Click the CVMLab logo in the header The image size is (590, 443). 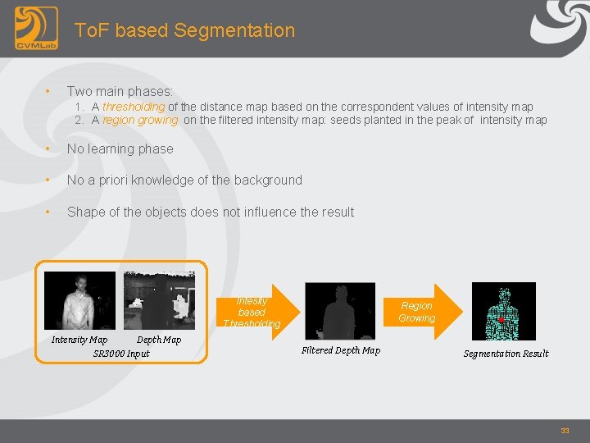click(36, 29)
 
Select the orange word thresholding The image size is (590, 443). click(134, 107)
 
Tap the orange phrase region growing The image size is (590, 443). click(140, 120)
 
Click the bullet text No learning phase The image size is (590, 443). click(120, 148)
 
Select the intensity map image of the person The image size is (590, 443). click(79, 300)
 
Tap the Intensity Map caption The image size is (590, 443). click(79, 340)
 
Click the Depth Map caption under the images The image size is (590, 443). click(159, 340)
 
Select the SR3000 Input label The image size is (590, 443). click(121, 354)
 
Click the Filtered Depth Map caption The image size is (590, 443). click(341, 350)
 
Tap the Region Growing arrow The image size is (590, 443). click(419, 312)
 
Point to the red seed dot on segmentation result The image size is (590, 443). click(501, 319)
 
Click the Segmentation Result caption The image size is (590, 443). click(506, 354)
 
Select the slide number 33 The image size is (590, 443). click(565, 431)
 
